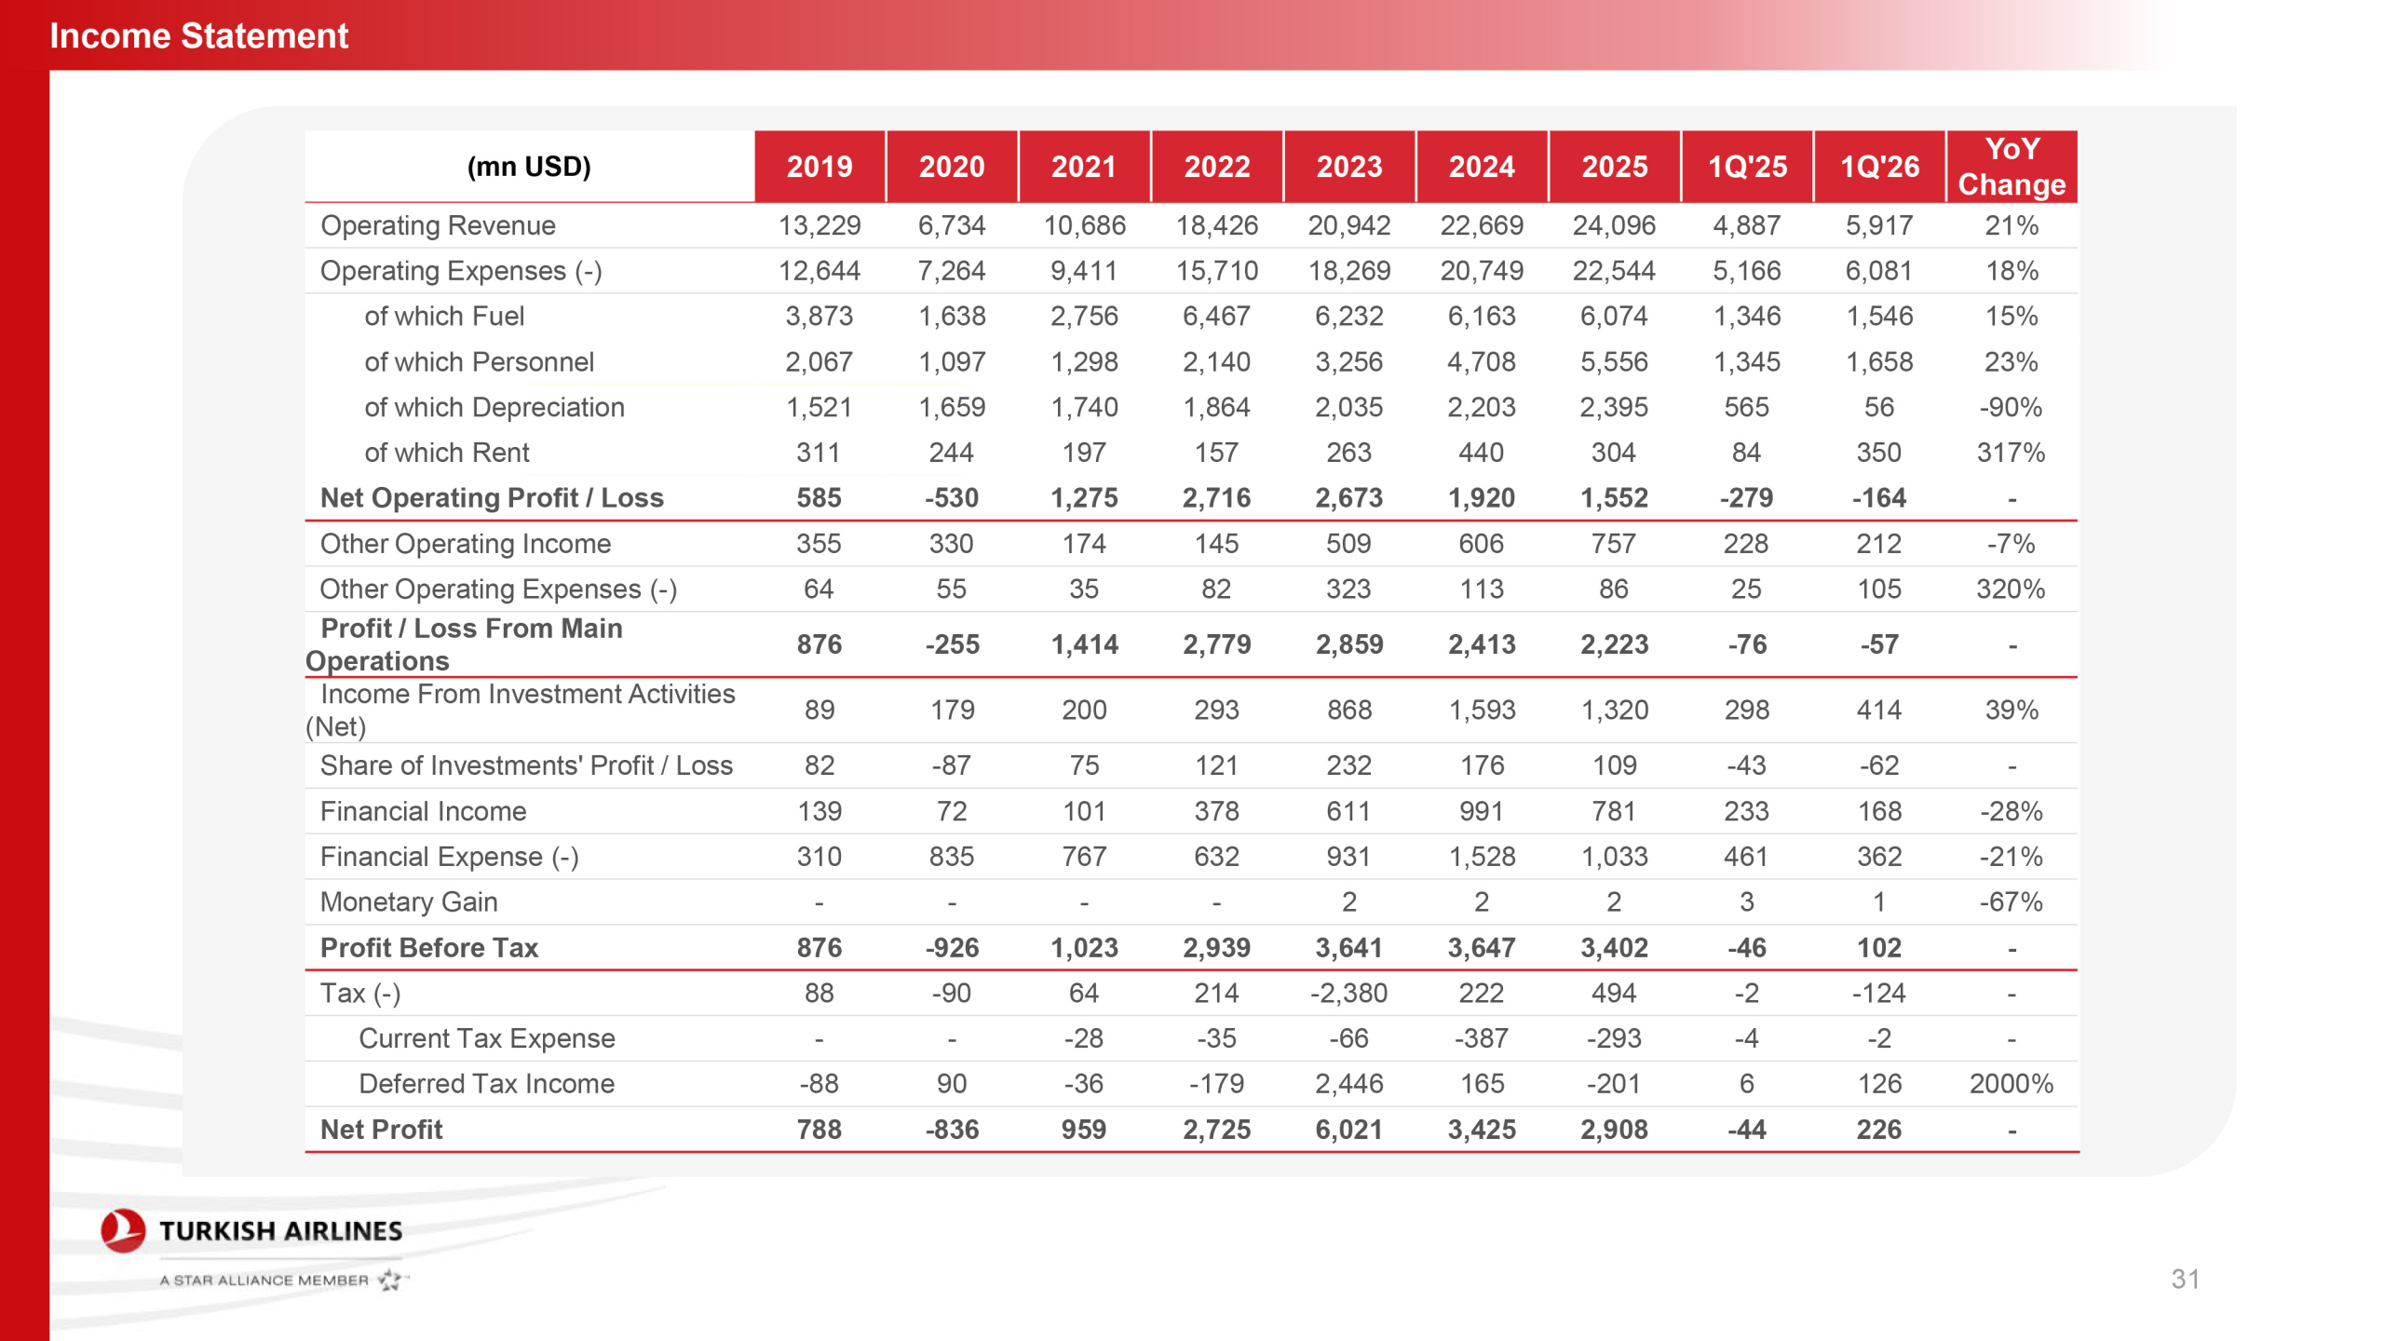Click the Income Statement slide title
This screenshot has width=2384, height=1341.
(198, 35)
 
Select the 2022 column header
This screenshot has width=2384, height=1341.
(1216, 167)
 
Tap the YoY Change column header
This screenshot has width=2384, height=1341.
(2011, 167)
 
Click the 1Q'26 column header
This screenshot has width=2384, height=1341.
(1879, 167)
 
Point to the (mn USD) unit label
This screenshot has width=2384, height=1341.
(529, 167)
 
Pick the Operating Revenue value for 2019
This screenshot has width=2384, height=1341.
(819, 225)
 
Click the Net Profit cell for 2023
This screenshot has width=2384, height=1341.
(1348, 1130)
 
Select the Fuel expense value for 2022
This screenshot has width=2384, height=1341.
(1216, 317)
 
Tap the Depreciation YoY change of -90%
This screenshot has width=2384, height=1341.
(2011, 407)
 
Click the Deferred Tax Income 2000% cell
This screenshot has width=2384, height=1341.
(2011, 1084)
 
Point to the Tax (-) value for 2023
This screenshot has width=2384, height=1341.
(1348, 993)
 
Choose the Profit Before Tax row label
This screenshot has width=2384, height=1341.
(429, 947)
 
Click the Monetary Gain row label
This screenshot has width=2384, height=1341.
(409, 901)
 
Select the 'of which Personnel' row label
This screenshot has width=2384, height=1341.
(479, 361)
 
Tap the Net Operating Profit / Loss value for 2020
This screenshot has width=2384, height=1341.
(952, 498)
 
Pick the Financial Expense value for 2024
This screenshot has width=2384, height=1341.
(1481, 857)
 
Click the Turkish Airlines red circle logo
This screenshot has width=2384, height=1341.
(123, 1230)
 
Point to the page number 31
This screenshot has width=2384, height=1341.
(2185, 1279)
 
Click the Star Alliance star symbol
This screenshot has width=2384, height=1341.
(390, 1280)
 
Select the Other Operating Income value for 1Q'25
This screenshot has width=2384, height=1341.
(1746, 544)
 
